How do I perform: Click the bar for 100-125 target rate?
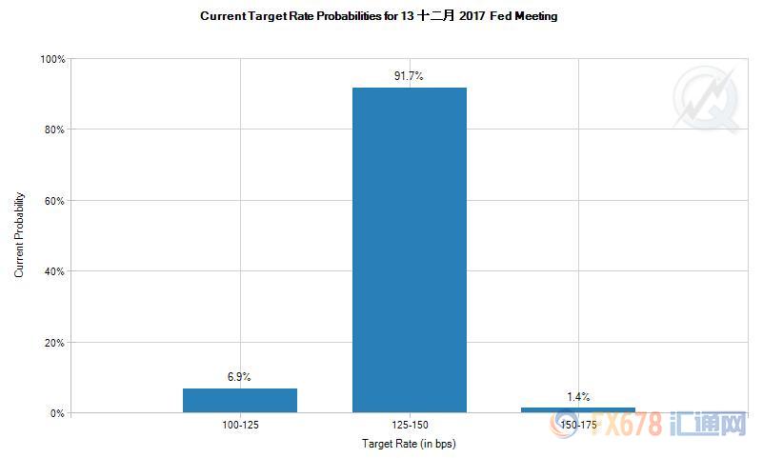click(239, 400)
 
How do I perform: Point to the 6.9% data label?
click(239, 377)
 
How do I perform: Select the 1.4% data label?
click(578, 396)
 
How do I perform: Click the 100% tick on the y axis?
click(51, 59)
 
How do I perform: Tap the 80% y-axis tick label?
click(53, 129)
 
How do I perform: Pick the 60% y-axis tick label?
click(53, 201)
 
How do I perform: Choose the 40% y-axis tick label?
click(53, 271)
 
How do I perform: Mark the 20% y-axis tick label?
click(53, 342)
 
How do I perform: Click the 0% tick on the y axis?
click(56, 413)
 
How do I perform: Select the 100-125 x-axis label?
click(239, 425)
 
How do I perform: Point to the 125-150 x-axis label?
click(410, 425)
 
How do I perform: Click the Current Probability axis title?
click(19, 236)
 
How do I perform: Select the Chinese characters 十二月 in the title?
click(436, 16)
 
